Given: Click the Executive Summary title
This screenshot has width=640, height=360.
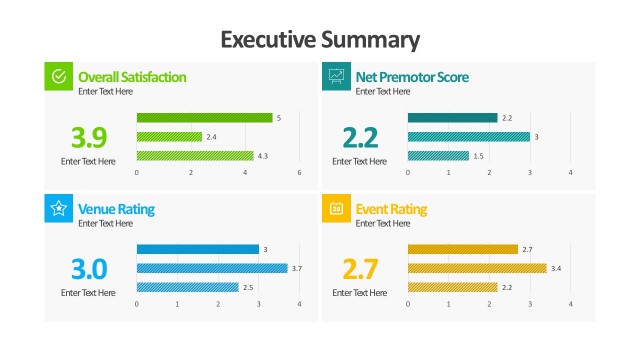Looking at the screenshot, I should pyautogui.click(x=320, y=39).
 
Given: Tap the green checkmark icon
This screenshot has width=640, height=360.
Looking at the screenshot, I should pyautogui.click(x=59, y=76).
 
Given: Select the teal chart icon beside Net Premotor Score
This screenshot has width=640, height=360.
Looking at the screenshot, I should pyautogui.click(x=336, y=76).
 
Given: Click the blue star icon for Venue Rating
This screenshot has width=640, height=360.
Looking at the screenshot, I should pyautogui.click(x=59, y=208).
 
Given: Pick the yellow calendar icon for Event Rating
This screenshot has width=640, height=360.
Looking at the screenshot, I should pyautogui.click(x=336, y=208).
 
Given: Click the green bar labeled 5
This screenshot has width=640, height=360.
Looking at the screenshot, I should pyautogui.click(x=204, y=118).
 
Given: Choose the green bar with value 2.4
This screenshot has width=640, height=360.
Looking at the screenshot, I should pyautogui.click(x=169, y=137).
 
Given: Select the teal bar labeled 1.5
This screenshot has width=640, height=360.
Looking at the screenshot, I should pyautogui.click(x=438, y=156).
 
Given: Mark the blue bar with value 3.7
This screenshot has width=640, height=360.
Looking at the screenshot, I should pyautogui.click(x=212, y=268).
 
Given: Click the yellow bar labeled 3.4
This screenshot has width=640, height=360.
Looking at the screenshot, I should pyautogui.click(x=477, y=268).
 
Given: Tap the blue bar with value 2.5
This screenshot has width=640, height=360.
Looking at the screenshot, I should pyautogui.click(x=187, y=287).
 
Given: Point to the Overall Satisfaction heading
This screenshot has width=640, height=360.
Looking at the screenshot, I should pyautogui.click(x=132, y=77).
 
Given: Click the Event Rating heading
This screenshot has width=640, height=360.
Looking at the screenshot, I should pyautogui.click(x=391, y=209).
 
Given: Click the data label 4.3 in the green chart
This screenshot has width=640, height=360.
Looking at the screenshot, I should pyautogui.click(x=263, y=156).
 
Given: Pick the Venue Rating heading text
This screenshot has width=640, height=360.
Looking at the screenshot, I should pyautogui.click(x=116, y=209).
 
